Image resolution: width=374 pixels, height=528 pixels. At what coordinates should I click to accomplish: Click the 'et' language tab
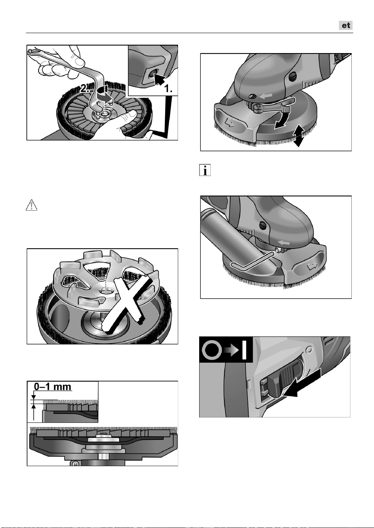pyautogui.click(x=346, y=25)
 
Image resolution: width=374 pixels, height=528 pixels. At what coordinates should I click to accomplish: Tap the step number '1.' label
pyautogui.click(x=168, y=89)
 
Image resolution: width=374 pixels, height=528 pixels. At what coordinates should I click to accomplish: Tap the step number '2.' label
pyautogui.click(x=85, y=89)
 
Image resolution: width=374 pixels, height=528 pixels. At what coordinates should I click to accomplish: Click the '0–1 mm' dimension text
pyautogui.click(x=53, y=387)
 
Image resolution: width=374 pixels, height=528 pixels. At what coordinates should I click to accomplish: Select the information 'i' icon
pyautogui.click(x=205, y=170)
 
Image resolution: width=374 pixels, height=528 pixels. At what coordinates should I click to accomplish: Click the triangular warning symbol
pyautogui.click(x=32, y=205)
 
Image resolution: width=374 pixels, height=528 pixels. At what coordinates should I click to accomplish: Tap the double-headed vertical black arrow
pyautogui.click(x=298, y=136)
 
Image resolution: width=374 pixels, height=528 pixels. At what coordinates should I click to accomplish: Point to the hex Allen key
pyautogui.click(x=250, y=262)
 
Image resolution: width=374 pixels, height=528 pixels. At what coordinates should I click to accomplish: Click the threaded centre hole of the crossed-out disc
pyautogui.click(x=106, y=292)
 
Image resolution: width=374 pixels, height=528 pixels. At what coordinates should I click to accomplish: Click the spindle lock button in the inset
pyautogui.click(x=151, y=75)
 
